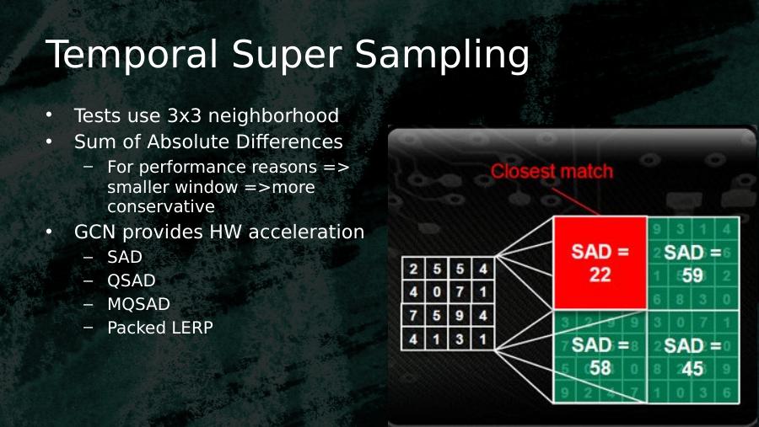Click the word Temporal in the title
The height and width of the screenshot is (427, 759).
tap(132, 54)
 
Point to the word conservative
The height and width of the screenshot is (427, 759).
tap(161, 206)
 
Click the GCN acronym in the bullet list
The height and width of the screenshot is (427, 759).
tap(95, 232)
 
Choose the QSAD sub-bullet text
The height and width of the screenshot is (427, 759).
tap(132, 280)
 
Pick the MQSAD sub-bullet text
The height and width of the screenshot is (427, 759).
tap(138, 304)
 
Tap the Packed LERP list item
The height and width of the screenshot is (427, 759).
tap(160, 328)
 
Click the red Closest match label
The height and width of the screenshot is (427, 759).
tap(552, 171)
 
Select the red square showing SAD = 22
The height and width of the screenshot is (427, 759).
tap(600, 263)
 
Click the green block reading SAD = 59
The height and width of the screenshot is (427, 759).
tap(693, 263)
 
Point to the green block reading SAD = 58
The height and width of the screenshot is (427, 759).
tap(600, 356)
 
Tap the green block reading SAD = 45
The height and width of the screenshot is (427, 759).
tap(693, 356)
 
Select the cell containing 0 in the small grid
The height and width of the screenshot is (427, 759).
tap(437, 291)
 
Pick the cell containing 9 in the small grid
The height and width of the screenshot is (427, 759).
tap(460, 315)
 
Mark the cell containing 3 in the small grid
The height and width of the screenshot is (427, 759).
tap(460, 339)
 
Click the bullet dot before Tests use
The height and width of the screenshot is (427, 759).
tap(49, 115)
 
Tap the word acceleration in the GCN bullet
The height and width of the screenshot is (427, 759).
tap(306, 232)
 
